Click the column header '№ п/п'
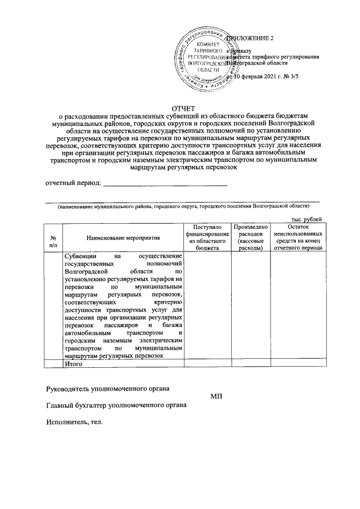coord(53,241)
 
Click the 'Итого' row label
coord(74,364)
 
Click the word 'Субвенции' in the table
coord(80,256)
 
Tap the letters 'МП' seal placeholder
coord(217,397)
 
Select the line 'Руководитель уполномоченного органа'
coord(108,388)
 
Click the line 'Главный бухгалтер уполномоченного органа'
coord(116,405)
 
